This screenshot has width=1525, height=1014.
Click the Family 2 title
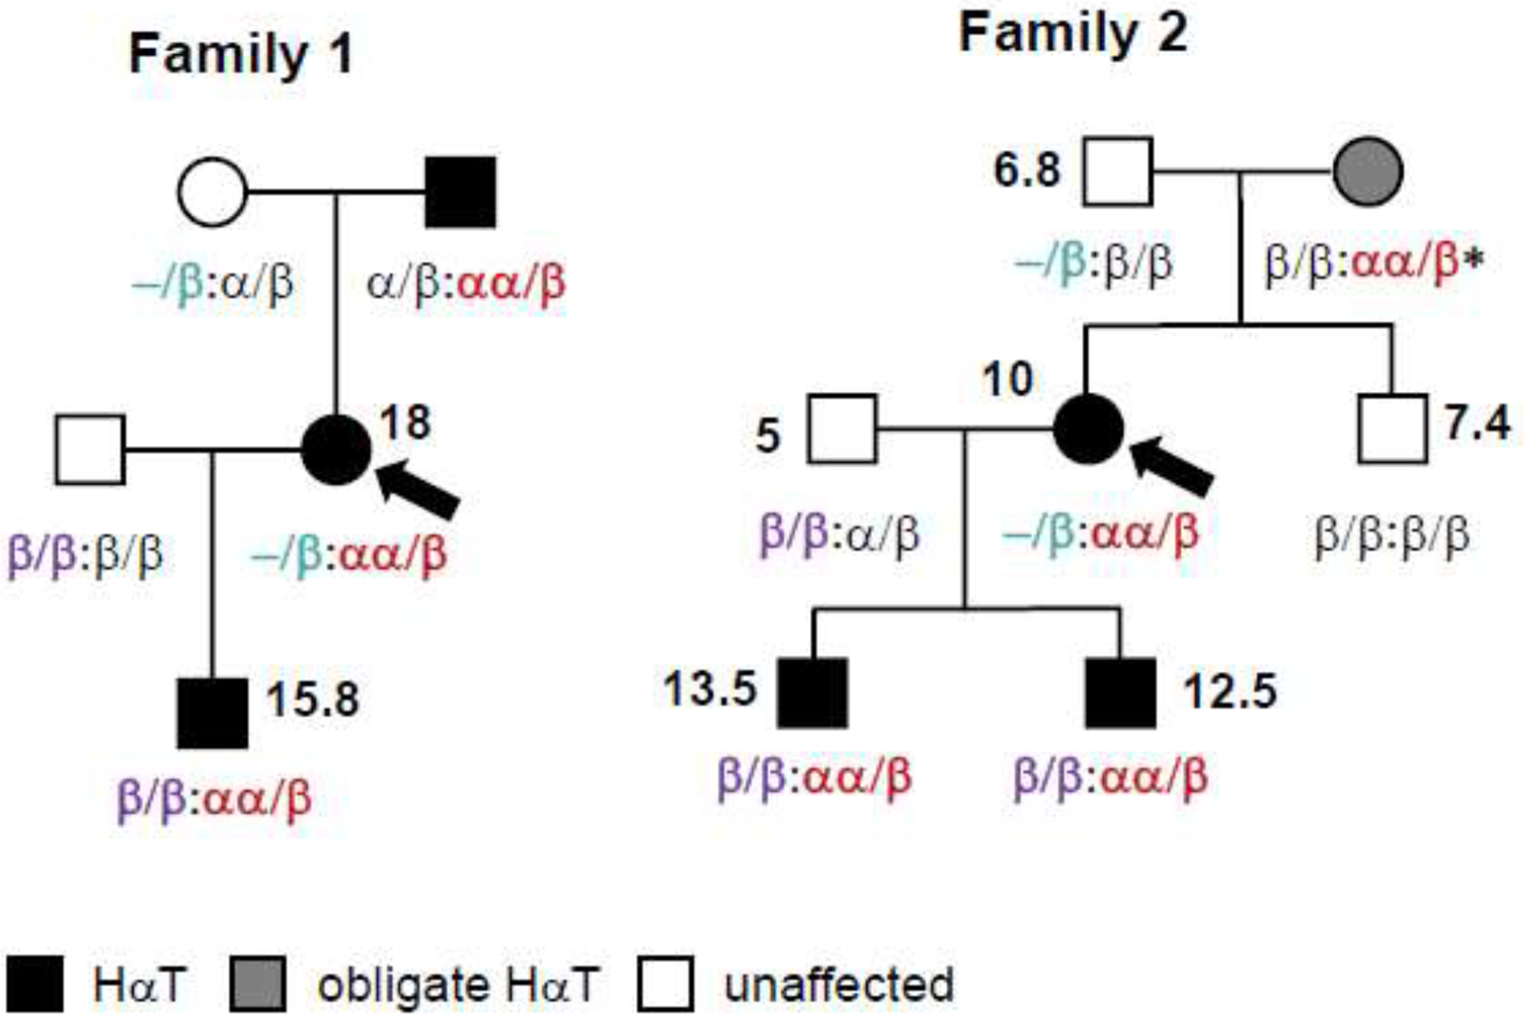pos(1073,34)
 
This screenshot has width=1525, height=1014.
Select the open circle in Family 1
pos(212,192)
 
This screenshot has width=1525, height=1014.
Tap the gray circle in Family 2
pos(1367,172)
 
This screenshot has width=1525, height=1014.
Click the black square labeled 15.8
pos(212,713)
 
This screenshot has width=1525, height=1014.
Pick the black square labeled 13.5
pos(812,692)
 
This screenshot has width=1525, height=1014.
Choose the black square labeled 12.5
pos(1120,692)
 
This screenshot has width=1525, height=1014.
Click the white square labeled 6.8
pos(1117,172)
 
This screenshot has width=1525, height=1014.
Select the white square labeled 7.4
pos(1392,429)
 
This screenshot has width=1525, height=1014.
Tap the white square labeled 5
pos(842,429)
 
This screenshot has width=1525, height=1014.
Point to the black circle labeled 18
pos(336,450)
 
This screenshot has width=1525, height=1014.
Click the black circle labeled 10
pos(1088,429)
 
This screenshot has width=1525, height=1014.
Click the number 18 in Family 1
pos(405,421)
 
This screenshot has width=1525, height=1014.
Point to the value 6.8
pos(1026,169)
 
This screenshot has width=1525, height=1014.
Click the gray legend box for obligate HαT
pos(258,984)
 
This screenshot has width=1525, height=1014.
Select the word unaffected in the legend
pos(839,984)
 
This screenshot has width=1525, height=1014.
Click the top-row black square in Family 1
pos(460,192)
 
